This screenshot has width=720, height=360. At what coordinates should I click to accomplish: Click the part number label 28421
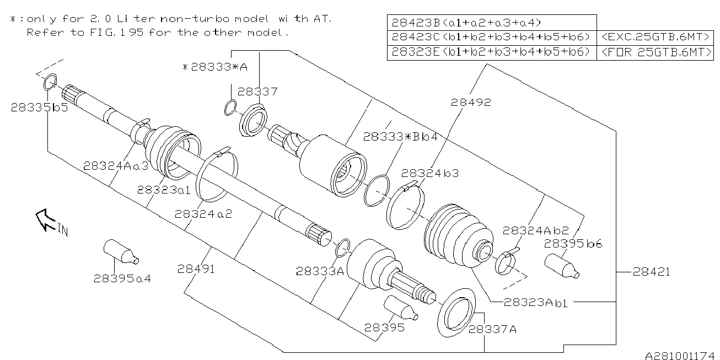pyautogui.click(x=651, y=272)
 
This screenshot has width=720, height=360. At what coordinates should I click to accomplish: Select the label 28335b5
pyautogui.click(x=39, y=108)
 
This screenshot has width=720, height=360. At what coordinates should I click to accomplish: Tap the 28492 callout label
pyautogui.click(x=471, y=102)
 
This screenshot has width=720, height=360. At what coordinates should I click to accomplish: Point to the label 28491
pyautogui.click(x=196, y=268)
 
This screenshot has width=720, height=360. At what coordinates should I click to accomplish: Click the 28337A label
pyautogui.click(x=492, y=329)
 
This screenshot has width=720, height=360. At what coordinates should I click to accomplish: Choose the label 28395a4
pyautogui.click(x=122, y=278)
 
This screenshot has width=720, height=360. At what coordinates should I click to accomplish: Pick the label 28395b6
pyautogui.click(x=573, y=244)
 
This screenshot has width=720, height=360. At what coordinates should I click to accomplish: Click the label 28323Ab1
pyautogui.click(x=535, y=303)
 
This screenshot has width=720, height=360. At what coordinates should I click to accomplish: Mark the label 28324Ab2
pyautogui.click(x=536, y=230)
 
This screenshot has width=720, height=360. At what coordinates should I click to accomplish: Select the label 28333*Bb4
pyautogui.click(x=400, y=137)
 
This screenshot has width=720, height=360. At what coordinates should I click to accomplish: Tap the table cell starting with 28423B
pyautogui.click(x=492, y=23)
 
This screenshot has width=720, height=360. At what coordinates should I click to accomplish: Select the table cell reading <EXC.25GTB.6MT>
pyautogui.click(x=655, y=37)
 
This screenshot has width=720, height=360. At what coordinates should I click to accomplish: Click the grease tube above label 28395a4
pyautogui.click(x=121, y=251)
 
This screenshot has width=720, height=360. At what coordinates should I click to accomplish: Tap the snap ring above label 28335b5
pyautogui.click(x=50, y=82)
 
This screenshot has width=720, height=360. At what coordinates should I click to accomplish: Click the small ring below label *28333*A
pyautogui.click(x=230, y=108)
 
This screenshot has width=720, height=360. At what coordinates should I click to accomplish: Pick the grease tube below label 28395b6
pyautogui.click(x=562, y=266)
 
